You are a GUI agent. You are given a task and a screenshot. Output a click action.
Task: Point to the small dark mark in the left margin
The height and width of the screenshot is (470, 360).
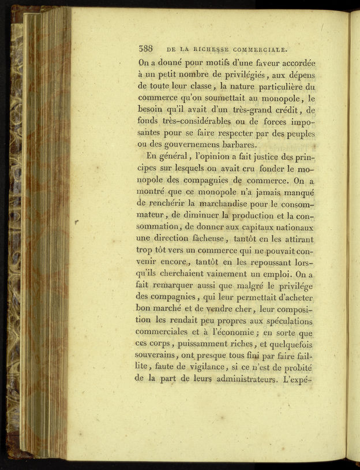click(77, 222)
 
